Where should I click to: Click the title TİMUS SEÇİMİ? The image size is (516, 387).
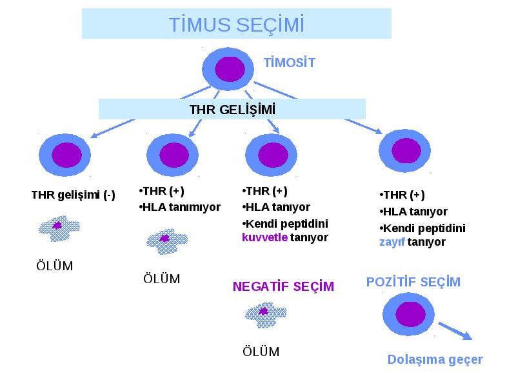(236, 25)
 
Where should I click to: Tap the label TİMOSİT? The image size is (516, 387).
(290, 63)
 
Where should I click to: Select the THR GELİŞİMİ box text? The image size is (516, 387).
(232, 110)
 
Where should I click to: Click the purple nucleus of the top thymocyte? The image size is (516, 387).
(230, 69)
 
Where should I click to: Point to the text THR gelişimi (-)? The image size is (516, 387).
(73, 195)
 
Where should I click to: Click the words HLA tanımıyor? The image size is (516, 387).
(181, 207)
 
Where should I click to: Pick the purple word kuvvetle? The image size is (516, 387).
(264, 237)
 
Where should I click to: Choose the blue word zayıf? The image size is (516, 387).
(392, 243)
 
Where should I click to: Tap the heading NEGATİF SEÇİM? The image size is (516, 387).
(283, 286)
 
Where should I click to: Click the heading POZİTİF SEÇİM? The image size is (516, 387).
(413, 282)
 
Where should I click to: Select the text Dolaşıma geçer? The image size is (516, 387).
(435, 360)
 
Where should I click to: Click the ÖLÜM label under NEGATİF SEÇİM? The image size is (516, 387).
(261, 352)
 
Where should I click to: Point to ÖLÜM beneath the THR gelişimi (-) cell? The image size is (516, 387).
(55, 266)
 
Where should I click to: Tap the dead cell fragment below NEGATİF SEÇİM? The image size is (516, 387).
(266, 315)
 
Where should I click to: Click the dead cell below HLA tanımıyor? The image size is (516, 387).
(167, 241)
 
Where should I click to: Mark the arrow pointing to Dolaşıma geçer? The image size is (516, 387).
(455, 331)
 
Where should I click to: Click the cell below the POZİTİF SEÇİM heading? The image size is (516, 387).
(408, 314)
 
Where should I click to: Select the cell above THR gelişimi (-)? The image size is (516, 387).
(65, 155)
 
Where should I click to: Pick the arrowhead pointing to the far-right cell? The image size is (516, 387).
(379, 131)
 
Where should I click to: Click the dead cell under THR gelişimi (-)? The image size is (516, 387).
(59, 228)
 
